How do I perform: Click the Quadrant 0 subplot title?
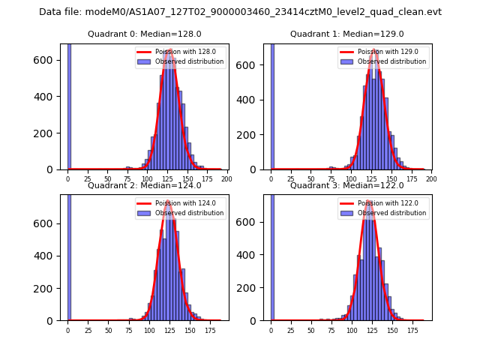[143, 34]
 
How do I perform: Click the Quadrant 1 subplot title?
[346, 34]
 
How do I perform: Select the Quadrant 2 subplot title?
[143, 185]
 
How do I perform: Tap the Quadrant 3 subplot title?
[346, 185]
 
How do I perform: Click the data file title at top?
[240, 12]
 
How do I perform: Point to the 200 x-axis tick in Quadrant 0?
[226, 178]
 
